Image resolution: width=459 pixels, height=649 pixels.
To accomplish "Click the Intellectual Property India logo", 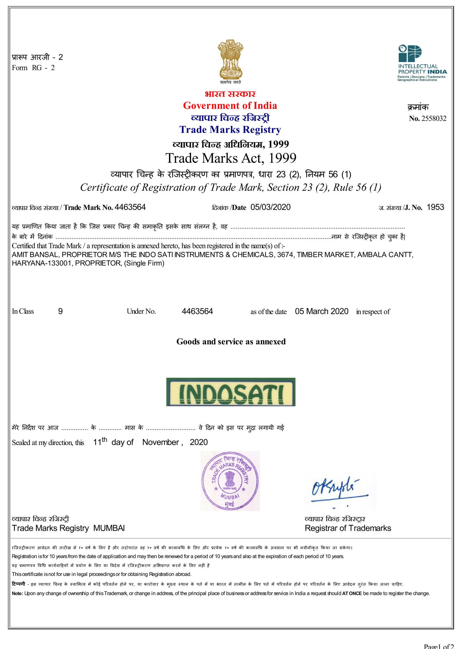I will pyautogui.click(x=422, y=63).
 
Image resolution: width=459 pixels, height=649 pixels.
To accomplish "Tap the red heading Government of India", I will pyautogui.click(x=230, y=106).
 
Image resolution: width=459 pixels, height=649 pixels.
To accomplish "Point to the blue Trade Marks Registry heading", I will pyautogui.click(x=230, y=130).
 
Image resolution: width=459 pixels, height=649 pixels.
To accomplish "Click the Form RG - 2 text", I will pyautogui.click(x=33, y=68).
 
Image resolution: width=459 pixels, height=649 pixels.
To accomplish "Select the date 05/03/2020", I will pyautogui.click(x=270, y=207).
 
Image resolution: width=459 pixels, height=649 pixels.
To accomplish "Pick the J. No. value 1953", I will pyautogui.click(x=435, y=207).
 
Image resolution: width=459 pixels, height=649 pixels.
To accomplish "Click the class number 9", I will pyautogui.click(x=60, y=311).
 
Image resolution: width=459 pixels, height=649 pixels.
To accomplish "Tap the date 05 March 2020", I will pyautogui.click(x=322, y=311).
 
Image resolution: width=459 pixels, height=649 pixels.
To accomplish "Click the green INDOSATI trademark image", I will pyautogui.click(x=231, y=392).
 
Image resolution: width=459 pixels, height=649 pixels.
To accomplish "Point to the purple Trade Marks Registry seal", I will pyautogui.click(x=230, y=481).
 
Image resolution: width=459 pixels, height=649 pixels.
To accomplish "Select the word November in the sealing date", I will pyautogui.click(x=161, y=442).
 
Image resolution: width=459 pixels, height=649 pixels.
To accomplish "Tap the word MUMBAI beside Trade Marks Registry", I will pyautogui.click(x=109, y=528).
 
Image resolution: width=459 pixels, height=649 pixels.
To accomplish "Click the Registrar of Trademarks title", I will pyautogui.click(x=348, y=528).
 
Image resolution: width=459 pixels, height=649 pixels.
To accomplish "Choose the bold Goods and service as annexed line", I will pyautogui.click(x=231, y=342).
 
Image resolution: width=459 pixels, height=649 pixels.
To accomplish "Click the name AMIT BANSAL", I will pyautogui.click(x=35, y=255).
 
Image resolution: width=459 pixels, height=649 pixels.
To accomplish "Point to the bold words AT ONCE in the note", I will pyautogui.click(x=352, y=593).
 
